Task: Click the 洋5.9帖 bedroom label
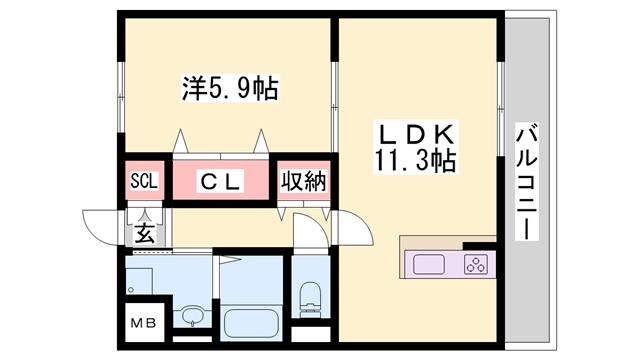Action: tap(229, 89)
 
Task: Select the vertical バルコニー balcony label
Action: tap(526, 181)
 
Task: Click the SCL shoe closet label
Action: tap(146, 181)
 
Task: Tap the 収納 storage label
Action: tap(303, 181)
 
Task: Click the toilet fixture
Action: tap(309, 298)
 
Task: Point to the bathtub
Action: tap(252, 322)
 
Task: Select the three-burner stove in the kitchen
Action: tap(475, 265)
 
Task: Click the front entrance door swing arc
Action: tap(100, 224)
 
